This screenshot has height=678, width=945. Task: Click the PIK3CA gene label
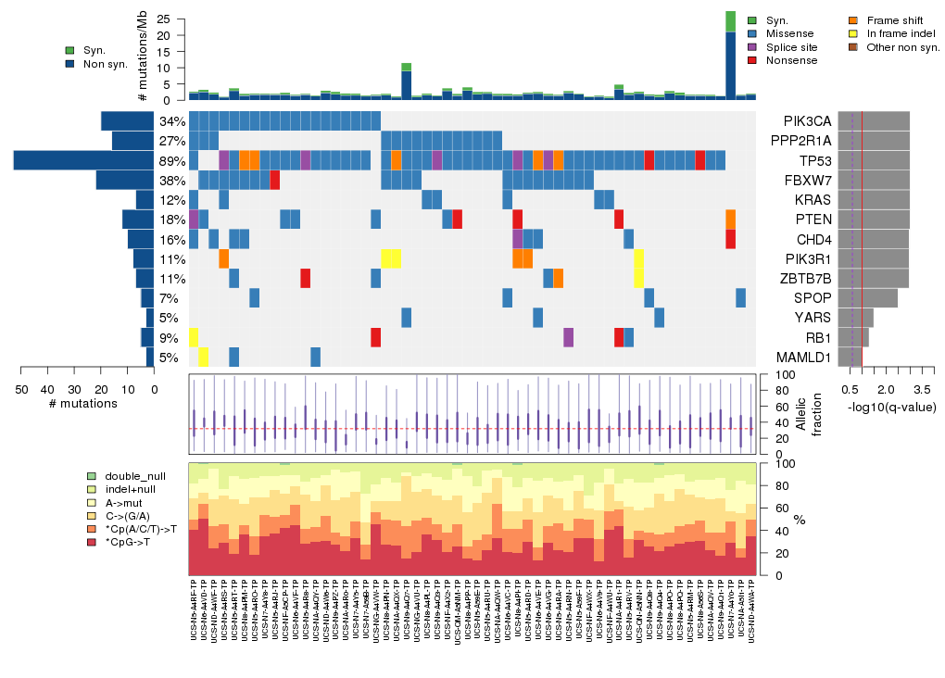click(806, 121)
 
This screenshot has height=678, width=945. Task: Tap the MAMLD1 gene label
click(807, 357)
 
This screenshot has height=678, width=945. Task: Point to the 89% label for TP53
click(171, 161)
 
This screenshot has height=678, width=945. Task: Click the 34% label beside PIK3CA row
click(171, 121)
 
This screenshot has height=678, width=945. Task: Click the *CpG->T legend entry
click(130, 542)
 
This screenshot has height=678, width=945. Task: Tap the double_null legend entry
click(133, 475)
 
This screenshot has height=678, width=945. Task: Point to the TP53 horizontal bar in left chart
click(83, 161)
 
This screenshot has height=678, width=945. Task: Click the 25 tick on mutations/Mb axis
click(163, 19)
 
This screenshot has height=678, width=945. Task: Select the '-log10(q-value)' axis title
click(892, 407)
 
